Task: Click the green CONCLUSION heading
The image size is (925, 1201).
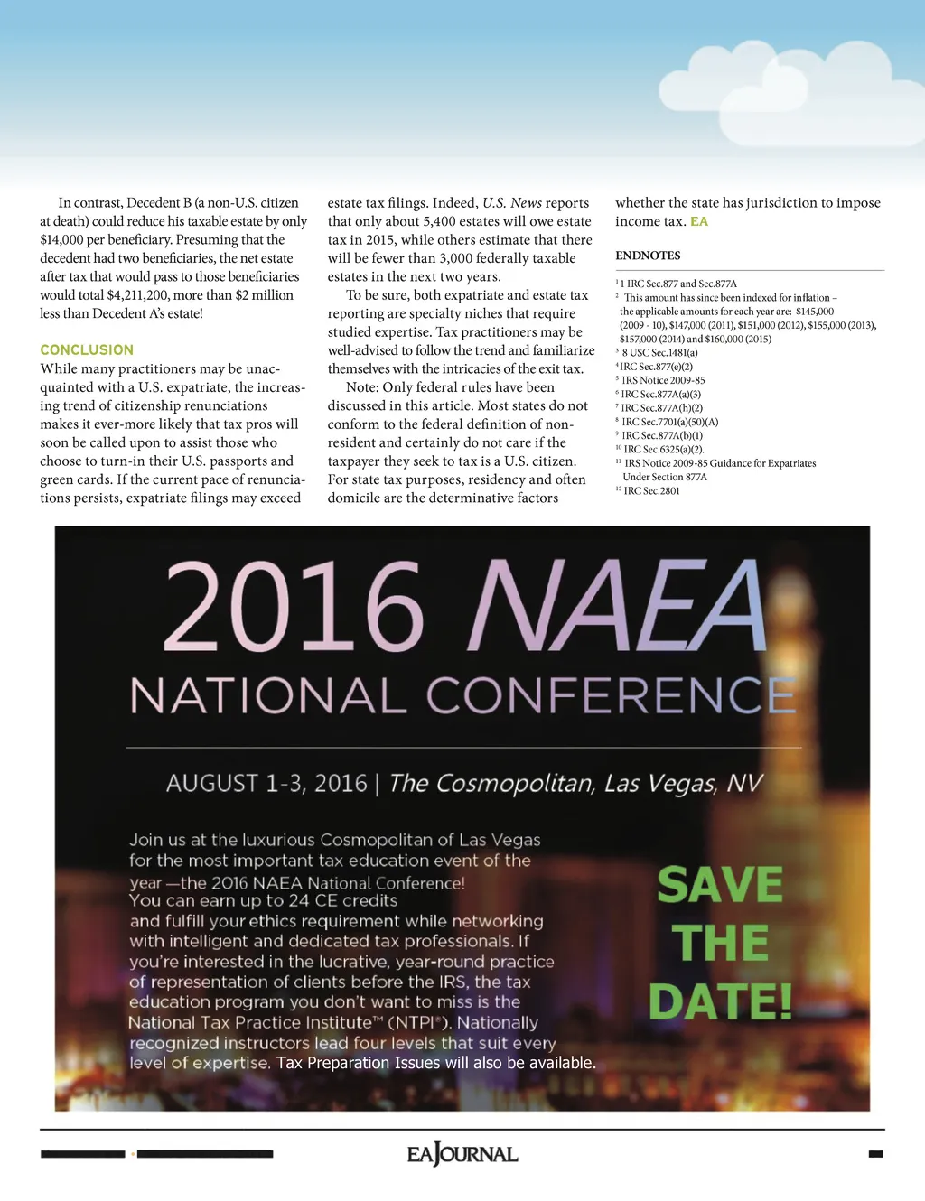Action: coord(87,349)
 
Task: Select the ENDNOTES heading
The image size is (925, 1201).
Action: coord(648,256)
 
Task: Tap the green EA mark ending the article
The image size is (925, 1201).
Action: coord(699,221)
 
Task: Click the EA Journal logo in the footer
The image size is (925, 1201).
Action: coord(462,1154)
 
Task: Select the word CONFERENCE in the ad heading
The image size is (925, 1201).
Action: coord(611,696)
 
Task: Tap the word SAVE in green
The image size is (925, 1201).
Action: coord(720,884)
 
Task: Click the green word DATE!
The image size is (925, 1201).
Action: coord(720,1001)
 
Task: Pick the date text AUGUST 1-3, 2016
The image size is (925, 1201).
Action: coord(266,783)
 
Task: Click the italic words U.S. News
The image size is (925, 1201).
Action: coord(512,203)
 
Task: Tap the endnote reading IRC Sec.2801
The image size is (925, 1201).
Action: coord(651,491)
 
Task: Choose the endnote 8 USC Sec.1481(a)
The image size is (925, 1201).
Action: coord(659,353)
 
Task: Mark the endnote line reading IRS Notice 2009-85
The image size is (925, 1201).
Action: coord(663,380)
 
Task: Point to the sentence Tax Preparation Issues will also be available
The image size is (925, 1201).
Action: coord(436,1063)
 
